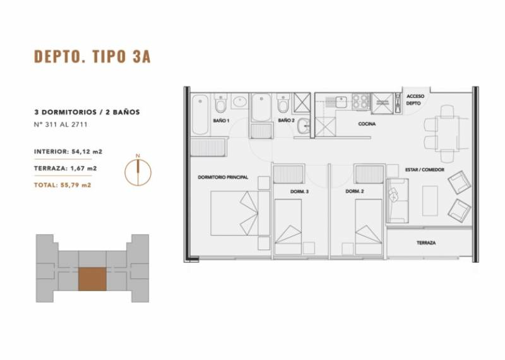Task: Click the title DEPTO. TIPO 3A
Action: pyautogui.click(x=92, y=56)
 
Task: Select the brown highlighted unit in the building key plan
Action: pyautogui.click(x=92, y=279)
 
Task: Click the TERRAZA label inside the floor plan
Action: pyautogui.click(x=426, y=243)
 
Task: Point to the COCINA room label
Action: pyautogui.click(x=367, y=124)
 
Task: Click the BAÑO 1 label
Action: pyautogui.click(x=222, y=121)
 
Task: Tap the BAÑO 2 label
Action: pyautogui.click(x=287, y=120)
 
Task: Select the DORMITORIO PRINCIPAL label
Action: pyautogui.click(x=223, y=177)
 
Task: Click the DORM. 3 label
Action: pyautogui.click(x=299, y=191)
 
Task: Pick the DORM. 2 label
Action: pyautogui.click(x=355, y=191)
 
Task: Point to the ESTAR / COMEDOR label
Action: pyautogui.click(x=424, y=169)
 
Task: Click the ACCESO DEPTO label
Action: pyautogui.click(x=415, y=100)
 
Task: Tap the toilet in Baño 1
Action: pyautogui.click(x=221, y=102)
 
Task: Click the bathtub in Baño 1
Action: pyautogui.click(x=200, y=114)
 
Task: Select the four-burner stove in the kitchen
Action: pyautogui.click(x=361, y=101)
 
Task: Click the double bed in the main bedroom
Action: pyautogui.click(x=241, y=213)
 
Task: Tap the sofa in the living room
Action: pyautogui.click(x=398, y=201)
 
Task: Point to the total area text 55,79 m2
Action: pyautogui.click(x=62, y=185)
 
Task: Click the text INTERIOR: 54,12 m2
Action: pyautogui.click(x=68, y=152)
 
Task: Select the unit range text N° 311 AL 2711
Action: pyautogui.click(x=61, y=124)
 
